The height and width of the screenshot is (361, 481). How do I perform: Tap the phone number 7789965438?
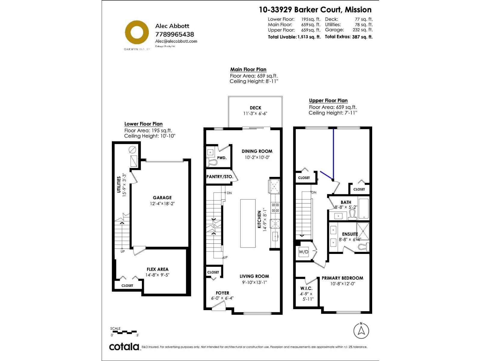[x=174, y=34]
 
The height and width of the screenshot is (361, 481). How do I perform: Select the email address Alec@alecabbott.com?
[x=176, y=41]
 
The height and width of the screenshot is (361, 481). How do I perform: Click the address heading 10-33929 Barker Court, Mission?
[x=315, y=10]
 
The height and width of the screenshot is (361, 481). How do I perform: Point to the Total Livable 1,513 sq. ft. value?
[x=309, y=37]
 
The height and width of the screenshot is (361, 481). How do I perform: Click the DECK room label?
[x=255, y=108]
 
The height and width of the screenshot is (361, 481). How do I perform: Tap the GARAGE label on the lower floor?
[x=162, y=198]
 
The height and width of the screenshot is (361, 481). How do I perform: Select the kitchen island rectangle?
[x=248, y=223]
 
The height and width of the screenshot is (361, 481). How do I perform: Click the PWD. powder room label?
[x=222, y=158]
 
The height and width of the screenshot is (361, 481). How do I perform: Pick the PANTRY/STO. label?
[x=220, y=177]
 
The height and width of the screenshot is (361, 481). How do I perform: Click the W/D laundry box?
[x=303, y=252]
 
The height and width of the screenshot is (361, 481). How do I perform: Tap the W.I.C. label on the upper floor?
[x=306, y=288]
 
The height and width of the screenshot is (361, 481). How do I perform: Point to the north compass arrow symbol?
[x=361, y=331]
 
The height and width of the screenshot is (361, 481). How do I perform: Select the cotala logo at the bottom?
[x=124, y=347]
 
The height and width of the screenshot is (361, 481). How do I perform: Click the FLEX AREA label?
[x=157, y=269]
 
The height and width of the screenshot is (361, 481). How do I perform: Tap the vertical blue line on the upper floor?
[x=333, y=153]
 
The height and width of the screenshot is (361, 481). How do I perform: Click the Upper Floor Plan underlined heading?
[x=328, y=100]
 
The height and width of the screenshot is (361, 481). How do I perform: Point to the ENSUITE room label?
[x=350, y=234]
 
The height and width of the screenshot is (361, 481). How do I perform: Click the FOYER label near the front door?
[x=222, y=293]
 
